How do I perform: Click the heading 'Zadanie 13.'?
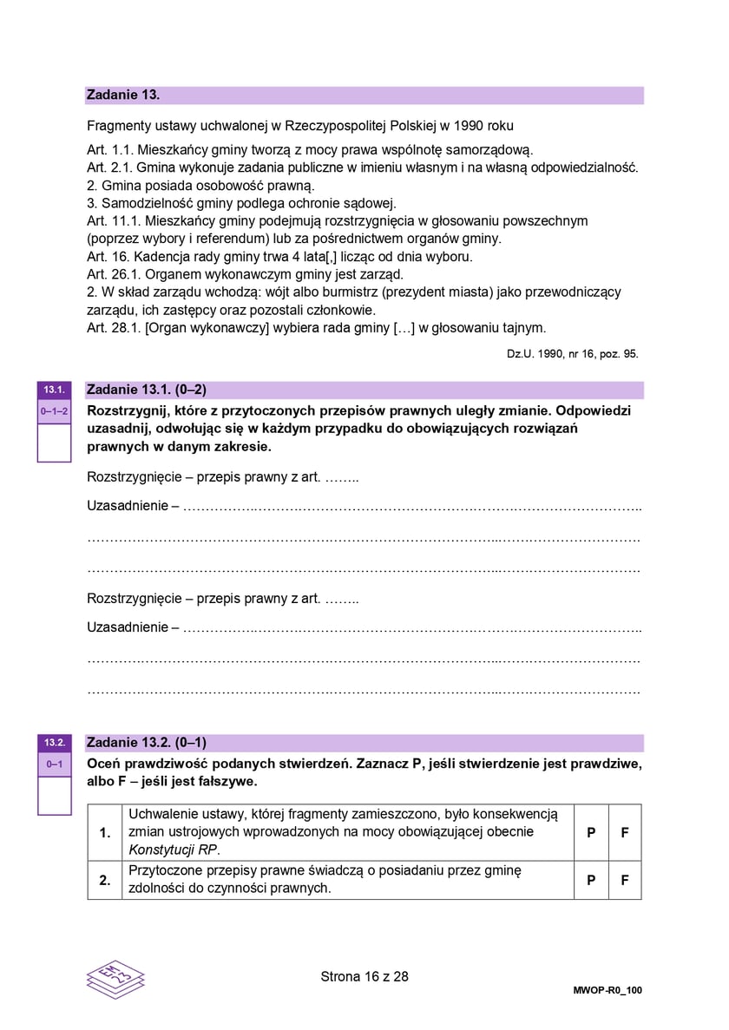tap(123, 95)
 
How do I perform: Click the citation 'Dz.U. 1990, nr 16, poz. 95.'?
tap(572, 354)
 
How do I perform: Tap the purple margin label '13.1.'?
tap(54, 390)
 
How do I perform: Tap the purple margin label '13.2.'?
tap(54, 743)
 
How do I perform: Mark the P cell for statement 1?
tap(591, 831)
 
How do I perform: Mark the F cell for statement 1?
tap(625, 831)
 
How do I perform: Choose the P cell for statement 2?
tap(591, 879)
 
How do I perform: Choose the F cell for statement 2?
tap(625, 879)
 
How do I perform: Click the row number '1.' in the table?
tap(105, 832)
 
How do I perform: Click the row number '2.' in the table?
tap(105, 879)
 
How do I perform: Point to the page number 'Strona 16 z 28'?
tap(364, 976)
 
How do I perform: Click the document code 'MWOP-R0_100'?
tap(607, 990)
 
